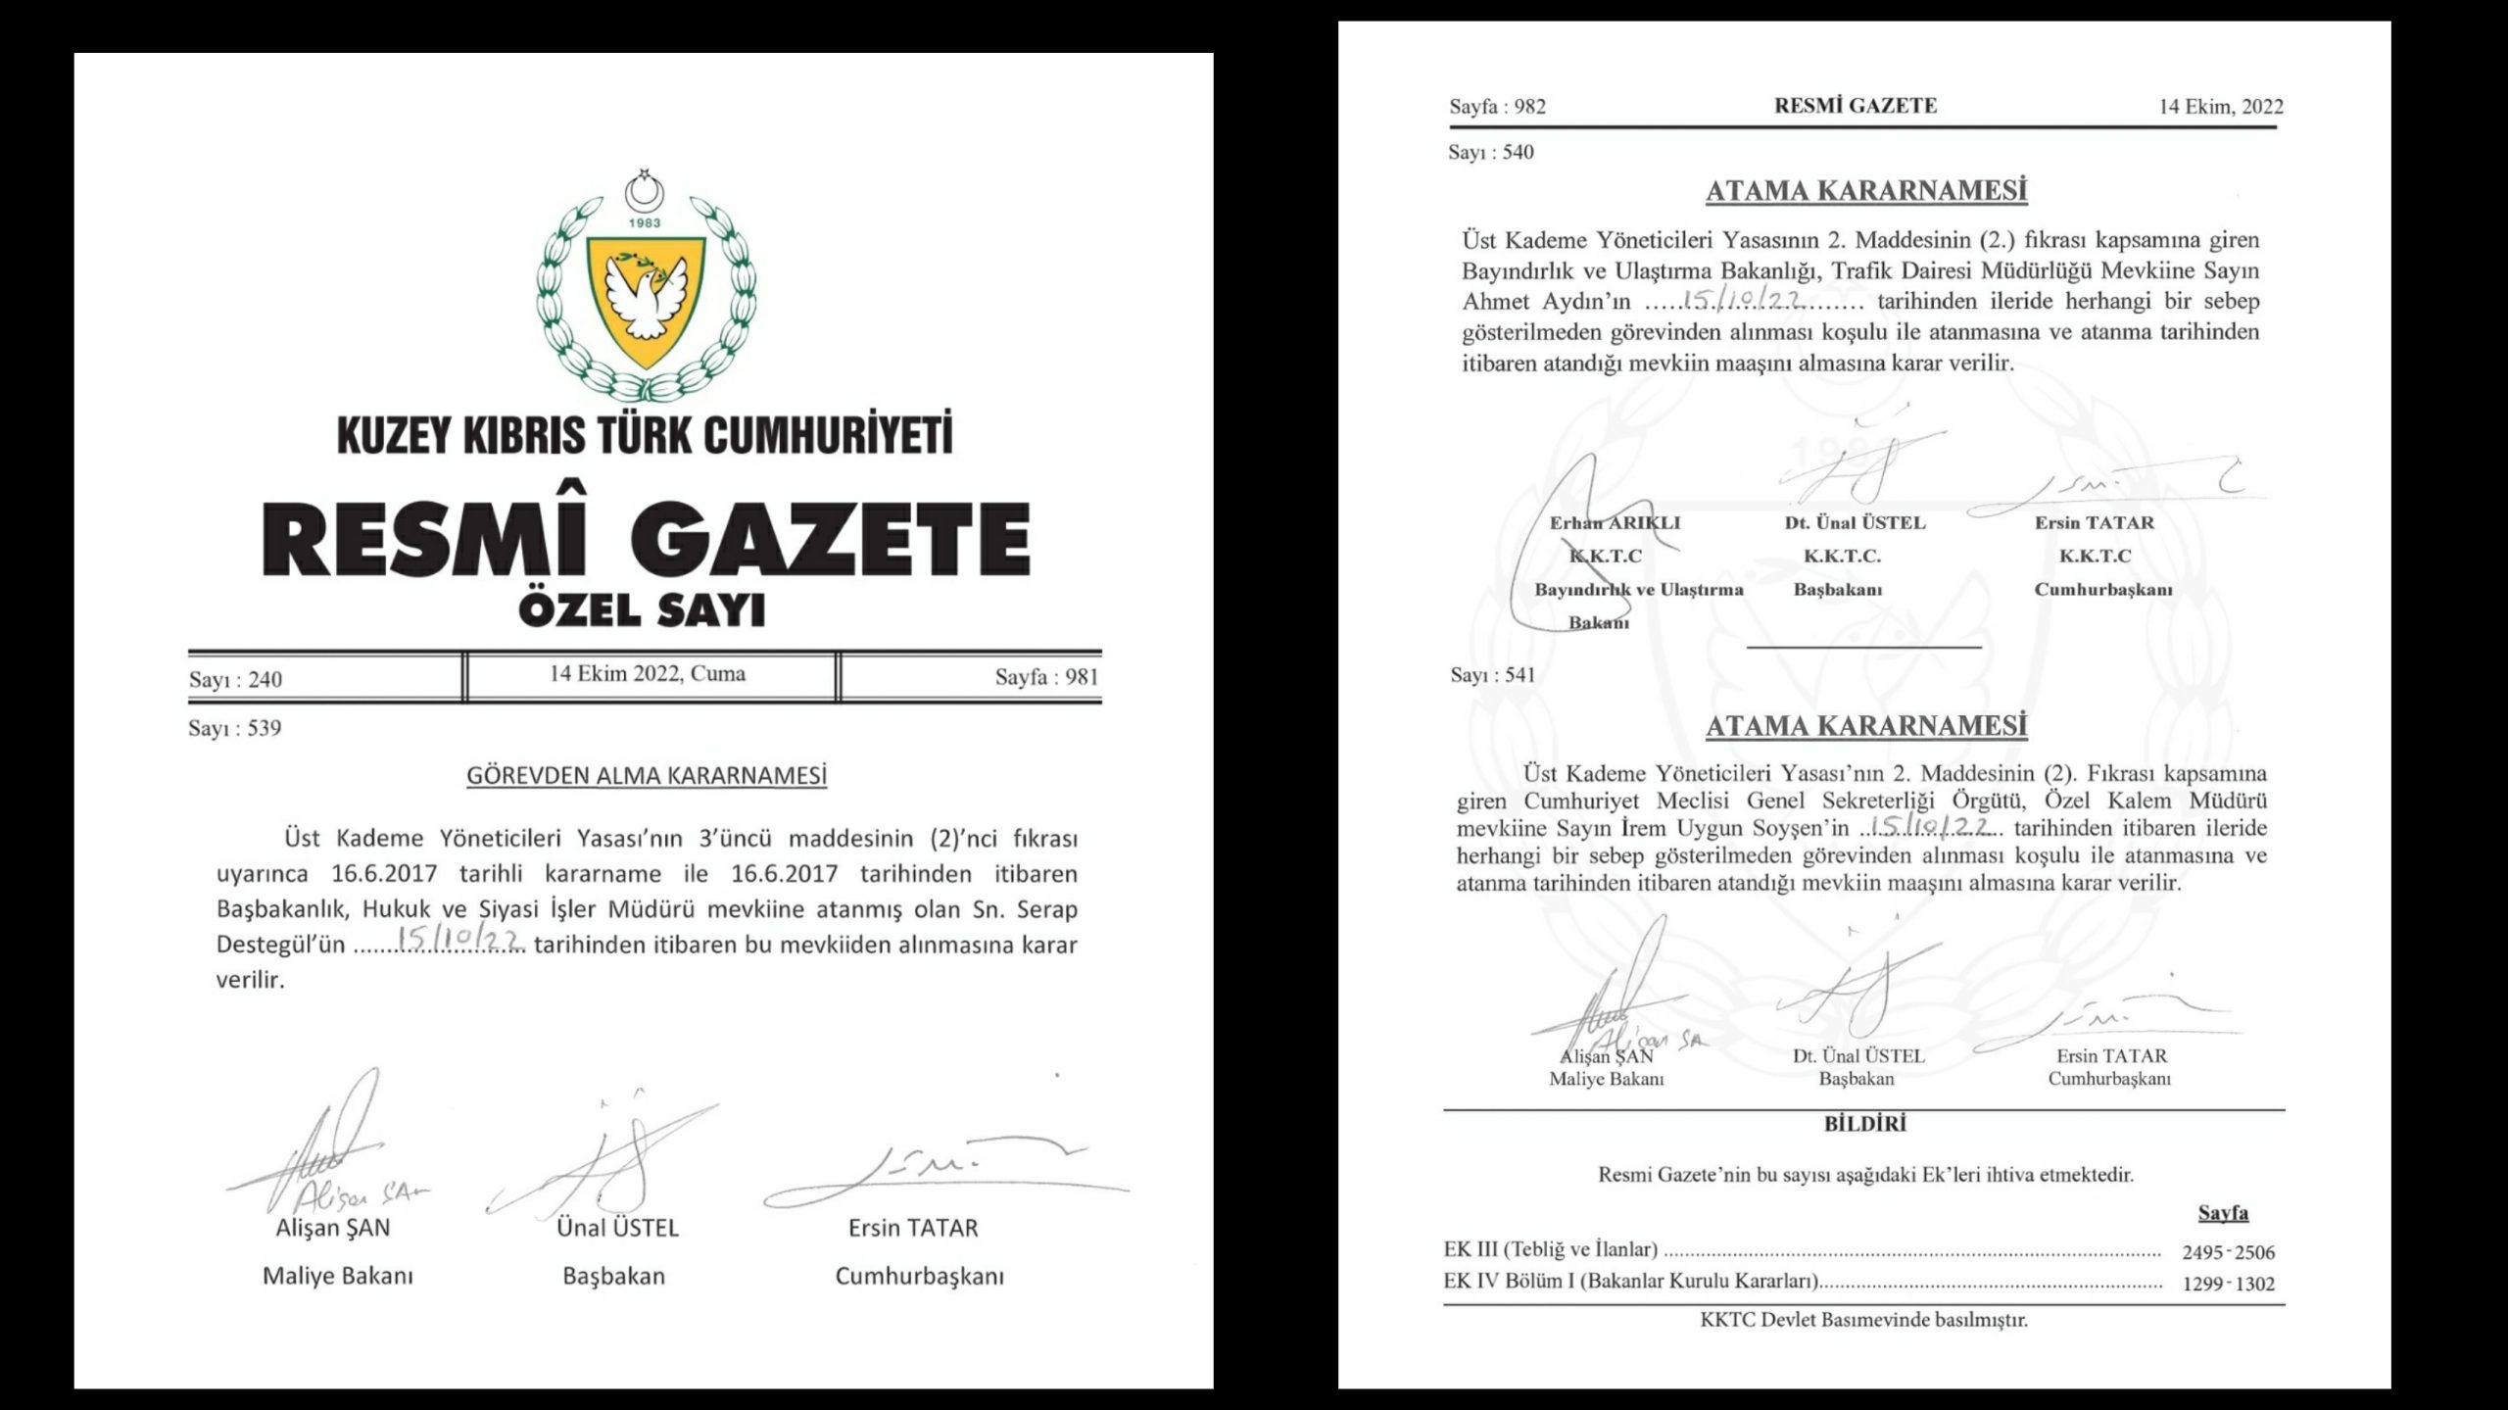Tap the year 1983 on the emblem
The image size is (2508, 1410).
click(x=645, y=223)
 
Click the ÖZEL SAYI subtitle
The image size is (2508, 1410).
click(x=642, y=611)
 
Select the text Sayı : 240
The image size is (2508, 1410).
click(x=235, y=679)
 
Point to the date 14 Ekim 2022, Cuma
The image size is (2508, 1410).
click(x=647, y=674)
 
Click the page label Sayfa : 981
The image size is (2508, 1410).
click(x=1046, y=677)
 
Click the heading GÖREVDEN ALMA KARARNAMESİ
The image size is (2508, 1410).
click(x=647, y=776)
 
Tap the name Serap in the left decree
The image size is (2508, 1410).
click(x=1046, y=909)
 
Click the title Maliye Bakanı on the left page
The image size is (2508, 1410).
click(x=338, y=1276)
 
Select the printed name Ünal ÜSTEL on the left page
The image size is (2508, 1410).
click(x=617, y=1228)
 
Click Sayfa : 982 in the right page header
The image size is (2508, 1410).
click(x=1497, y=107)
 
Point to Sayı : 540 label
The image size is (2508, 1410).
click(x=1491, y=152)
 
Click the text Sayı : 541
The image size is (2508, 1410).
click(x=1493, y=675)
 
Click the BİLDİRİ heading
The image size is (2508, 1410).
click(x=1864, y=1124)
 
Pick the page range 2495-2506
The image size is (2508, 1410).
click(x=2228, y=1251)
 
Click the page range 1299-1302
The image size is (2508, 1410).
click(x=2228, y=1284)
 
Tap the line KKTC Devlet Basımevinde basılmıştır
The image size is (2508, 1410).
click(x=1863, y=1320)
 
